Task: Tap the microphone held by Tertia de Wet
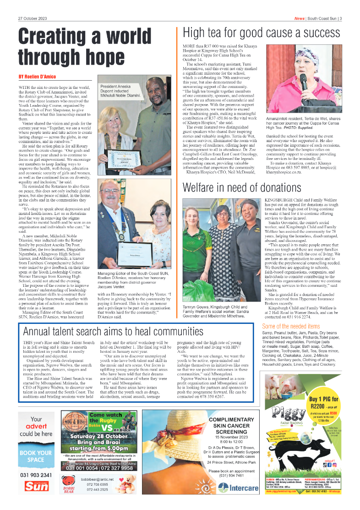[x=303, y=83]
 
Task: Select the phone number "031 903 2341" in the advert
[x=36, y=475]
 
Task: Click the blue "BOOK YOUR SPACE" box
[x=36, y=456]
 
